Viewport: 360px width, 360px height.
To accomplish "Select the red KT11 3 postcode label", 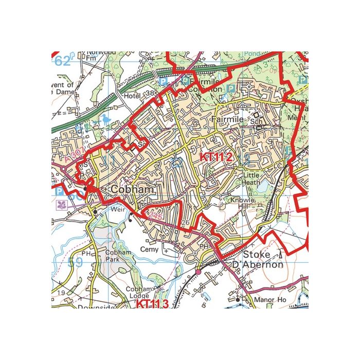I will click(152, 304).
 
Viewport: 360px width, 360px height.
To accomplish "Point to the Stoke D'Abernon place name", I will click(263, 260).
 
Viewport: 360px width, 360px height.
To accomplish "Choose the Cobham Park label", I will click(115, 256).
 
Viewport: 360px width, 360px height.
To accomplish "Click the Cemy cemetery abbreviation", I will click(150, 249).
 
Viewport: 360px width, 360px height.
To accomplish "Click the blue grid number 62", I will click(62, 62).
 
